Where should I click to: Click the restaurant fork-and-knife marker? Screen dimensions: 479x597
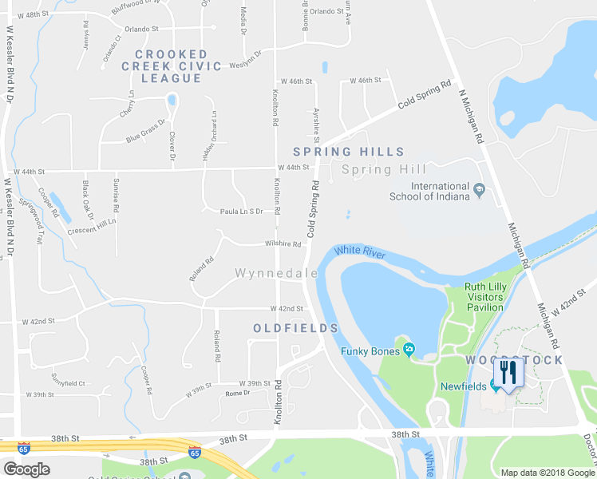(x=508, y=371)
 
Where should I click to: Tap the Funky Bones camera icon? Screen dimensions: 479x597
(x=409, y=350)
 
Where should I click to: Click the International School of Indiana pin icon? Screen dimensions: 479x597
(x=479, y=190)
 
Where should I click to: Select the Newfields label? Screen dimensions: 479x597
(x=464, y=386)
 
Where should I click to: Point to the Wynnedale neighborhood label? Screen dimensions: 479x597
(x=276, y=273)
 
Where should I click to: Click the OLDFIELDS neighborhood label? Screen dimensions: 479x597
(x=296, y=328)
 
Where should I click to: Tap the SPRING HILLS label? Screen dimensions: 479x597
(x=348, y=152)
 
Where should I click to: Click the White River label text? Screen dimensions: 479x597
(x=359, y=252)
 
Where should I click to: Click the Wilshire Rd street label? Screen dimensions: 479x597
(x=284, y=244)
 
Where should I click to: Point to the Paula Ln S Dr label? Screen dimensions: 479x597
(x=242, y=212)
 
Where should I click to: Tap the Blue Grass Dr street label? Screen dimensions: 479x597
(x=145, y=132)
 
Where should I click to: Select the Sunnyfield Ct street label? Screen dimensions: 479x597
(x=67, y=383)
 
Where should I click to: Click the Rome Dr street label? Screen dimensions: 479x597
(x=238, y=394)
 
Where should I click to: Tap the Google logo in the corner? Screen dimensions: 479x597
(x=26, y=469)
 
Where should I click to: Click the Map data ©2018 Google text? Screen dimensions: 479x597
(x=547, y=473)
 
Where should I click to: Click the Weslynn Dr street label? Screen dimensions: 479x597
(x=246, y=65)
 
